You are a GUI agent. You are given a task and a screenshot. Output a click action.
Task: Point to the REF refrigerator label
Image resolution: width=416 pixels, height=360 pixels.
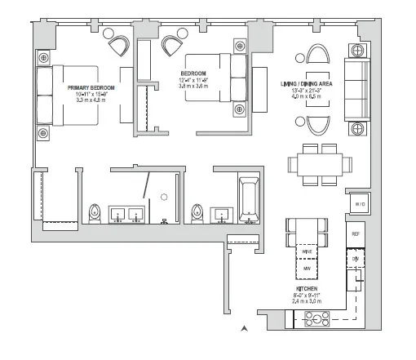[356, 234]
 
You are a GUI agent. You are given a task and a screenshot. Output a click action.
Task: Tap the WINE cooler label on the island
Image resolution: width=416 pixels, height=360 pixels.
[308, 252]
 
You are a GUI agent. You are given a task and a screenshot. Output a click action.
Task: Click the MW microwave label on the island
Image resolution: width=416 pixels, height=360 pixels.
[308, 267]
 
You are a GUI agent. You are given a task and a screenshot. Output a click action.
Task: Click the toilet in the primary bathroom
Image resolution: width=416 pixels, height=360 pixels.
[95, 214]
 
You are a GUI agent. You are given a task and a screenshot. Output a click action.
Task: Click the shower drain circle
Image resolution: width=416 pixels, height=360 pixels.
[164, 197]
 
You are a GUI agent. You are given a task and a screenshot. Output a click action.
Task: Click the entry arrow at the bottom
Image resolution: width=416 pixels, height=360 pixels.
[243, 329]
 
